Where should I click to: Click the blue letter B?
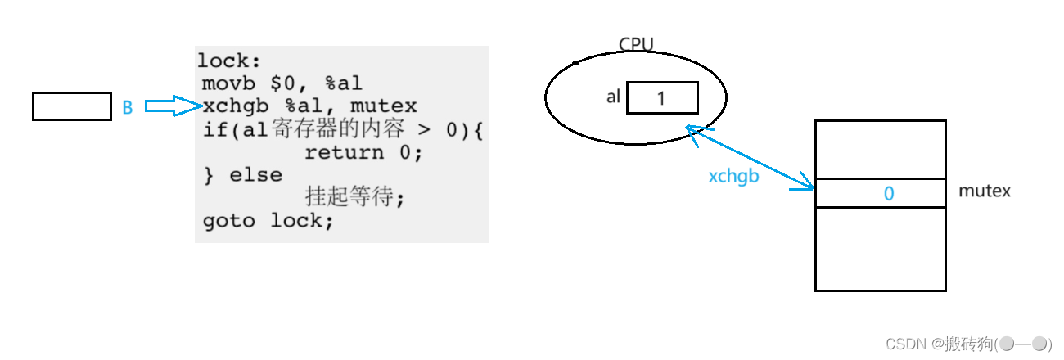127,107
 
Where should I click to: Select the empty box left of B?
71,106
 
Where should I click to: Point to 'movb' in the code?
230,83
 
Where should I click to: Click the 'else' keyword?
255,175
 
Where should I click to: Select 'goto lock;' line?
268,221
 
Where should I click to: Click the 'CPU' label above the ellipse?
636,45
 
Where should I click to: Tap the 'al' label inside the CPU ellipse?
613,97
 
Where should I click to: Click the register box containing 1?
662,97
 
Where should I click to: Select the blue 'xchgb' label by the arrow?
733,175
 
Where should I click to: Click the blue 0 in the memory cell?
889,194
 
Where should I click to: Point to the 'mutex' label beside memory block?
985,191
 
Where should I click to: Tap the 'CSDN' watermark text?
905,344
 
